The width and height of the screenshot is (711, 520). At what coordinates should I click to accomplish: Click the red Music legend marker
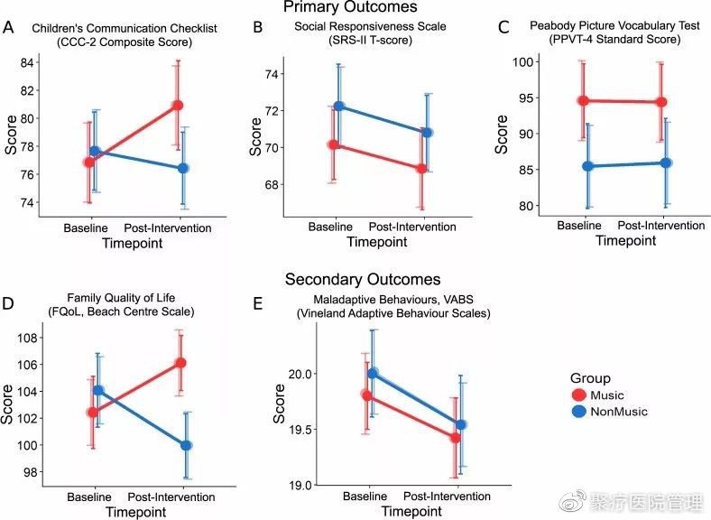[x=579, y=395]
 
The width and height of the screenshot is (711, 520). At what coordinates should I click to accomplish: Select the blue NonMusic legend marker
[x=579, y=412]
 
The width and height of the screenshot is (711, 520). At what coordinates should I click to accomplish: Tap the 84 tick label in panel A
[x=27, y=62]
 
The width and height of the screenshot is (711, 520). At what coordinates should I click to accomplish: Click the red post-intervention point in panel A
[x=178, y=106]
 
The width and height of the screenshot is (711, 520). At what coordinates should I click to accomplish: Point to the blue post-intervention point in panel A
[x=183, y=168]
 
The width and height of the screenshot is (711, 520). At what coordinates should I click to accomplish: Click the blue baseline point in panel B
[x=338, y=107]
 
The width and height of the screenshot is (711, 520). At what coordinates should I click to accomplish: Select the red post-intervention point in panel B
[x=421, y=168]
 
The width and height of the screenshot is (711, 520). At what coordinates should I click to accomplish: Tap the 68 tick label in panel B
[x=272, y=185]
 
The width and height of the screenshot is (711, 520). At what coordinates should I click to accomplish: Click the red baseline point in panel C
[x=583, y=101]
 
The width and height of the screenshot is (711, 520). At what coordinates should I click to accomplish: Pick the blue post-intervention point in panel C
[x=666, y=162]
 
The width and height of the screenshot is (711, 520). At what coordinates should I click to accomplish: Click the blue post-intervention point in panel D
[x=186, y=446]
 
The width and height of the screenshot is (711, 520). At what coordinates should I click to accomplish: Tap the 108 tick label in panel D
[x=28, y=338]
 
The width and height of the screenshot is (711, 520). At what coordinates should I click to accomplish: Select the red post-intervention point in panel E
[x=456, y=438]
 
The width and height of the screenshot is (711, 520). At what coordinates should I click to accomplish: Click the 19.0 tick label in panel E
[x=300, y=486]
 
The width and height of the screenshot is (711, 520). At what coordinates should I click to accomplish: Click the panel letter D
[x=8, y=303]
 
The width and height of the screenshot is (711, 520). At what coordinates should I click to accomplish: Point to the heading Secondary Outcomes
[x=363, y=279]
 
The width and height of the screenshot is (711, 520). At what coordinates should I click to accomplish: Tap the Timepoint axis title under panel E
[x=411, y=511]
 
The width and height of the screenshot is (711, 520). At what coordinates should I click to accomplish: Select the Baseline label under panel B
[x=330, y=227]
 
